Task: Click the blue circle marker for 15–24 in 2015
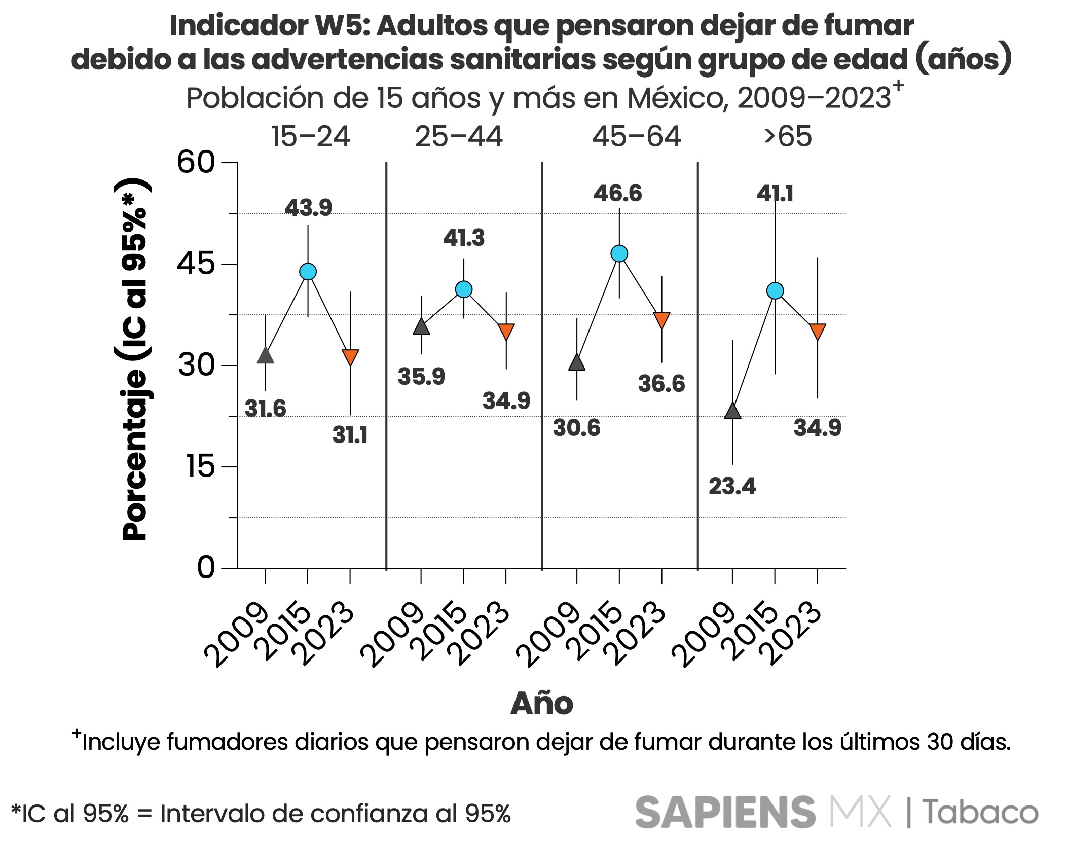(308, 272)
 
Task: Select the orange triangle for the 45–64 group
(661, 320)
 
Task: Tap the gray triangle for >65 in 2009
(732, 411)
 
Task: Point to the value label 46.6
(617, 194)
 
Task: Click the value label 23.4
(732, 487)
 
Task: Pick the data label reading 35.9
(421, 377)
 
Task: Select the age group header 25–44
(459, 137)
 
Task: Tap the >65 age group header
(788, 137)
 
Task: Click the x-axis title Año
(541, 704)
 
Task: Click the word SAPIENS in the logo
(725, 813)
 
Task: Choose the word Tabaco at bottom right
(980, 813)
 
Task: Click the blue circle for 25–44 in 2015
(464, 289)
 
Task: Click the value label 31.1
(350, 435)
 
